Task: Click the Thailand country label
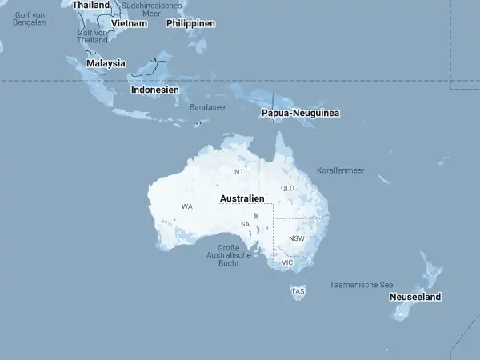90,5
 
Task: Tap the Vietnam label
130,23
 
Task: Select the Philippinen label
191,23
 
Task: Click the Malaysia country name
106,63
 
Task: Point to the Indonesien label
154,90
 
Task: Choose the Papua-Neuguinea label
300,114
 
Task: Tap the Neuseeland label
415,297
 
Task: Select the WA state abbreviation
187,206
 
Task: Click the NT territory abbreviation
238,172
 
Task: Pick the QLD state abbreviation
288,188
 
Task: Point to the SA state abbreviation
246,224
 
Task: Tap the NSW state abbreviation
297,238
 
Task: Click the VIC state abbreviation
288,262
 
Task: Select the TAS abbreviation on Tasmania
298,291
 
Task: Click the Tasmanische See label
362,284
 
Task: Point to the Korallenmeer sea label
340,170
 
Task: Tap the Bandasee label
207,106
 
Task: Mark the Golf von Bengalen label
30,19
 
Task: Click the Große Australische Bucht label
223,255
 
